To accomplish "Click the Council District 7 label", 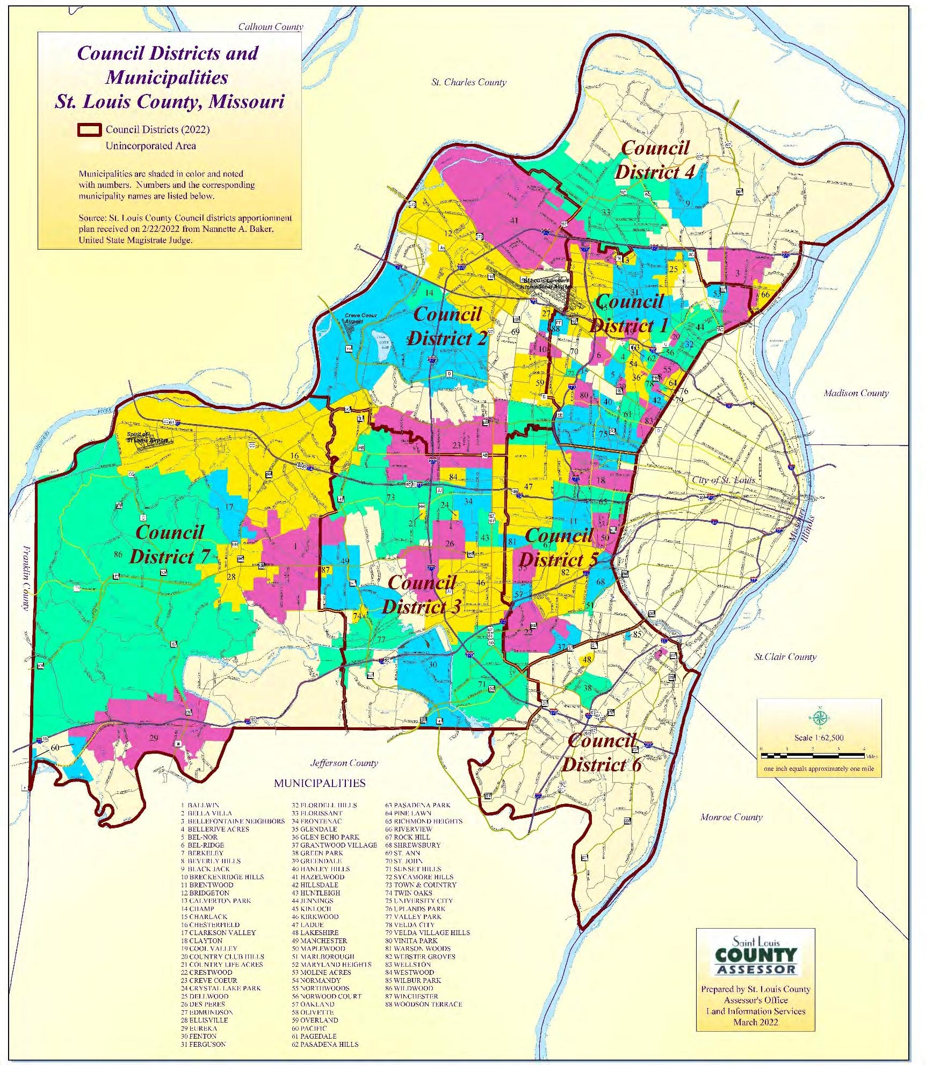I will [169, 544].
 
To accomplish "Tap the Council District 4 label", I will [655, 160].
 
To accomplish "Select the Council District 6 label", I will [602, 753].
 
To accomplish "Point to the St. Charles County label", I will [468, 82].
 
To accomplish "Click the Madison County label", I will [856, 393].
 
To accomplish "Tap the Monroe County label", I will [731, 817].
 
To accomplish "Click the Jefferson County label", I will [344, 763].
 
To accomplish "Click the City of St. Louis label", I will [723, 480].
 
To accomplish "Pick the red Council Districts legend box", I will [89, 130].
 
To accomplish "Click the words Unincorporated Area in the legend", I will [150, 146].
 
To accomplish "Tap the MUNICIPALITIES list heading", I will [320, 783].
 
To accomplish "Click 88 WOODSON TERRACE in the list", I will [423, 1004].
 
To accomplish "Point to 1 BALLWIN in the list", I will [200, 805].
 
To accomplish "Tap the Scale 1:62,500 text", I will [819, 738].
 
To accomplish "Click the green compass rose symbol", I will [820, 717].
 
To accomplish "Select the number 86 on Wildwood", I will [118, 555].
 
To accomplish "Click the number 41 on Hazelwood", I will [514, 220].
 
